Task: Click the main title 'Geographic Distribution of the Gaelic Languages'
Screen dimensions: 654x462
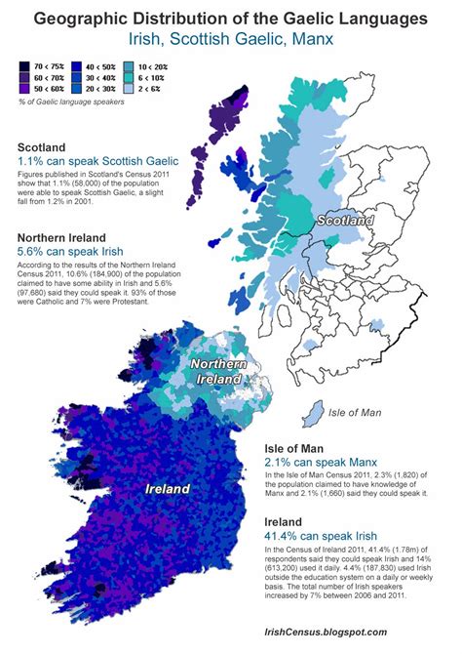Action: tap(231, 18)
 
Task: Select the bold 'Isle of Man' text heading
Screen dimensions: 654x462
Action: tap(298, 450)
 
